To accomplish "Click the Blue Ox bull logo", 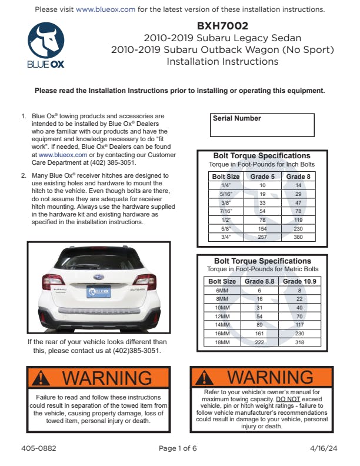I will tap(46, 40).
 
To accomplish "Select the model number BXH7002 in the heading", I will tap(222, 26).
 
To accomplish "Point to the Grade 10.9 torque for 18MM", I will tap(299, 342).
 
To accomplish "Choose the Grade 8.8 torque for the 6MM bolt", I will tap(259, 291).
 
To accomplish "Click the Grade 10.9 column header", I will tap(299, 281).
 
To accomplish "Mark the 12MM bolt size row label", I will tap(222, 317).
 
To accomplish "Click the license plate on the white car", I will tap(99, 291).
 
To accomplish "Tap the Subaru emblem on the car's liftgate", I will tap(99, 274).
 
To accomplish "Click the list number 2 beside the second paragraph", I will tap(24, 175).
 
